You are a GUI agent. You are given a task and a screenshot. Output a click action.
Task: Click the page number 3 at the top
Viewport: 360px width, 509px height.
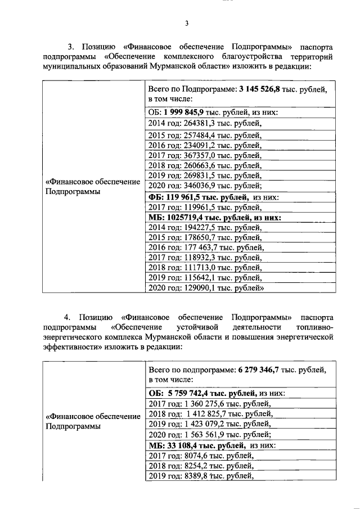click(186, 23)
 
